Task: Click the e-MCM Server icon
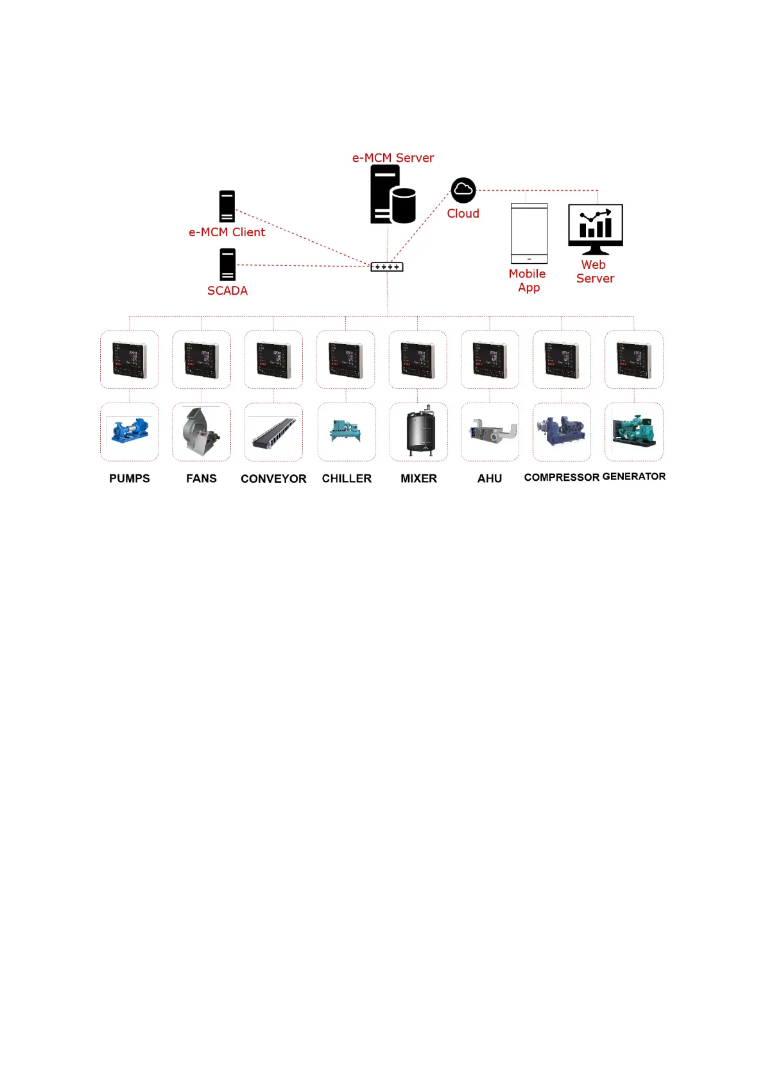[x=392, y=195]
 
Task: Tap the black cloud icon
[x=463, y=191]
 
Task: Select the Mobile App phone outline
[x=529, y=233]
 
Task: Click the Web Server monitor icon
[x=596, y=229]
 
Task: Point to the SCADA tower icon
[x=228, y=264]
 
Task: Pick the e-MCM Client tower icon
[x=227, y=206]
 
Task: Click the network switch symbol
[x=387, y=267]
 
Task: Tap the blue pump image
[x=130, y=431]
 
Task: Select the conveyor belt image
[x=274, y=432]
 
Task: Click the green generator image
[x=633, y=431]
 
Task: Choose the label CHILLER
[x=347, y=479]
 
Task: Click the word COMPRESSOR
[x=562, y=478]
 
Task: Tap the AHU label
[x=490, y=479]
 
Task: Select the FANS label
[x=202, y=479]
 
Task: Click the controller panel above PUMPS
[x=130, y=359]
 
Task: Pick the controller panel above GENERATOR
[x=633, y=359]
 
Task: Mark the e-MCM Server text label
[x=393, y=158]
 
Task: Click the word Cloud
[x=463, y=214]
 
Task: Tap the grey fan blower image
[x=201, y=432]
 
